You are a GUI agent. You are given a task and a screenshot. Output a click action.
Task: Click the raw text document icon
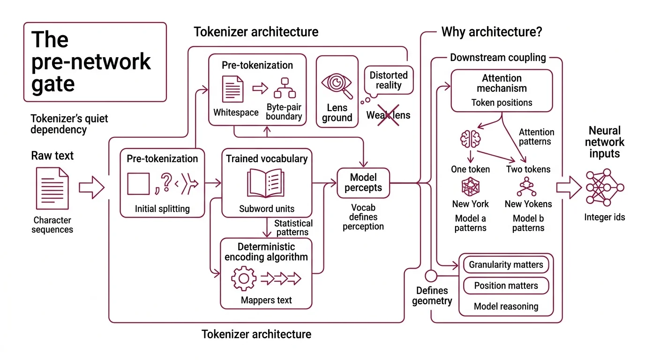[x=52, y=188]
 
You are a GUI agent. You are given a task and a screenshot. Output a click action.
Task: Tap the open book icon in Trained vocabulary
[x=266, y=184]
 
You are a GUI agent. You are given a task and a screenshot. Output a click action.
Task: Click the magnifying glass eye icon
[x=337, y=85]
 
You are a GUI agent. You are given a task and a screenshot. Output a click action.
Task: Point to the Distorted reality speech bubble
[x=389, y=80]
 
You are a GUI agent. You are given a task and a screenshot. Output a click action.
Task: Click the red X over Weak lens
[x=389, y=115]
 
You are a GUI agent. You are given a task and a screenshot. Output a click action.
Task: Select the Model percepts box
[x=363, y=183]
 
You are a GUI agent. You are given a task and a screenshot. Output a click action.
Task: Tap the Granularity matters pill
[x=506, y=264]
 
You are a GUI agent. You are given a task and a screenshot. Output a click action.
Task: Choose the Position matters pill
[x=506, y=285]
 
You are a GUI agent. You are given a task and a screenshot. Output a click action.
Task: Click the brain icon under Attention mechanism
[x=470, y=139]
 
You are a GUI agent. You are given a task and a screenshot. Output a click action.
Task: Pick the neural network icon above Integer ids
[x=605, y=187]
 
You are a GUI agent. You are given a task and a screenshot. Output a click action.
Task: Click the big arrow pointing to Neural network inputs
[x=568, y=187]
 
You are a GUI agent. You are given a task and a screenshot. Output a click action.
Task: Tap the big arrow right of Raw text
[x=91, y=188]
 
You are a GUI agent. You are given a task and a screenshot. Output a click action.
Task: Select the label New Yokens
[x=528, y=204]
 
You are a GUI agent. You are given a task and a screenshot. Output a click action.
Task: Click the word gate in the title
[x=53, y=83]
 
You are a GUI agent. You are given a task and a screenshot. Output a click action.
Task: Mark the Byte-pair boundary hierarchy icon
[x=285, y=88]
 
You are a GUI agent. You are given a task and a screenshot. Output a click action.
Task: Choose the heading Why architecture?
[x=492, y=32]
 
